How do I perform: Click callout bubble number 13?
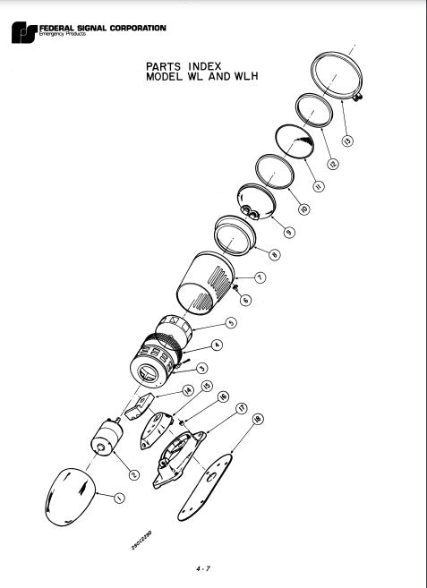(348, 140)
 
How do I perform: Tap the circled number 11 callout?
(320, 185)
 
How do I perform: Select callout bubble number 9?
(288, 232)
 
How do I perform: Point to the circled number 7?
(260, 277)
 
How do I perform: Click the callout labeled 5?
(230, 323)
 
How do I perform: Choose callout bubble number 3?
(202, 368)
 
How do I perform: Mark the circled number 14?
(188, 390)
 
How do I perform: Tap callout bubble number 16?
(223, 397)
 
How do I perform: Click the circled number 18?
(259, 417)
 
